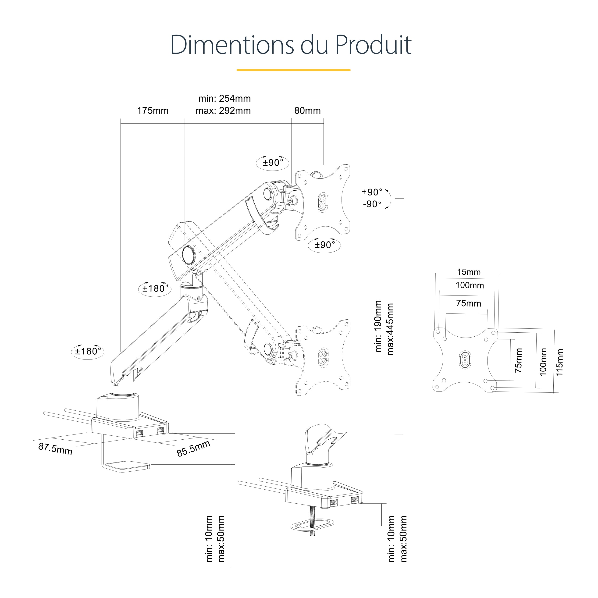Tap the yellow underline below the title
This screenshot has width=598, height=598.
tap(293, 70)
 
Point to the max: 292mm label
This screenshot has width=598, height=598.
tap(223, 110)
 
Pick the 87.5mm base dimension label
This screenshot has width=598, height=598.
tap(55, 449)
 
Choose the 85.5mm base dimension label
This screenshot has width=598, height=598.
tap(193, 448)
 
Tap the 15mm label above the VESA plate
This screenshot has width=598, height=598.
tap(469, 272)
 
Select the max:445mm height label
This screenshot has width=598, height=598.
tap(390, 329)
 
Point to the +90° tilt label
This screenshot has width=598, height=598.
tap(372, 192)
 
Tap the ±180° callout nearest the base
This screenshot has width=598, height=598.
tap(88, 351)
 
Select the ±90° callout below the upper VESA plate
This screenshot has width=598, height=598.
tap(324, 245)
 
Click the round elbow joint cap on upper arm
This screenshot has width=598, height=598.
tap(188, 255)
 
